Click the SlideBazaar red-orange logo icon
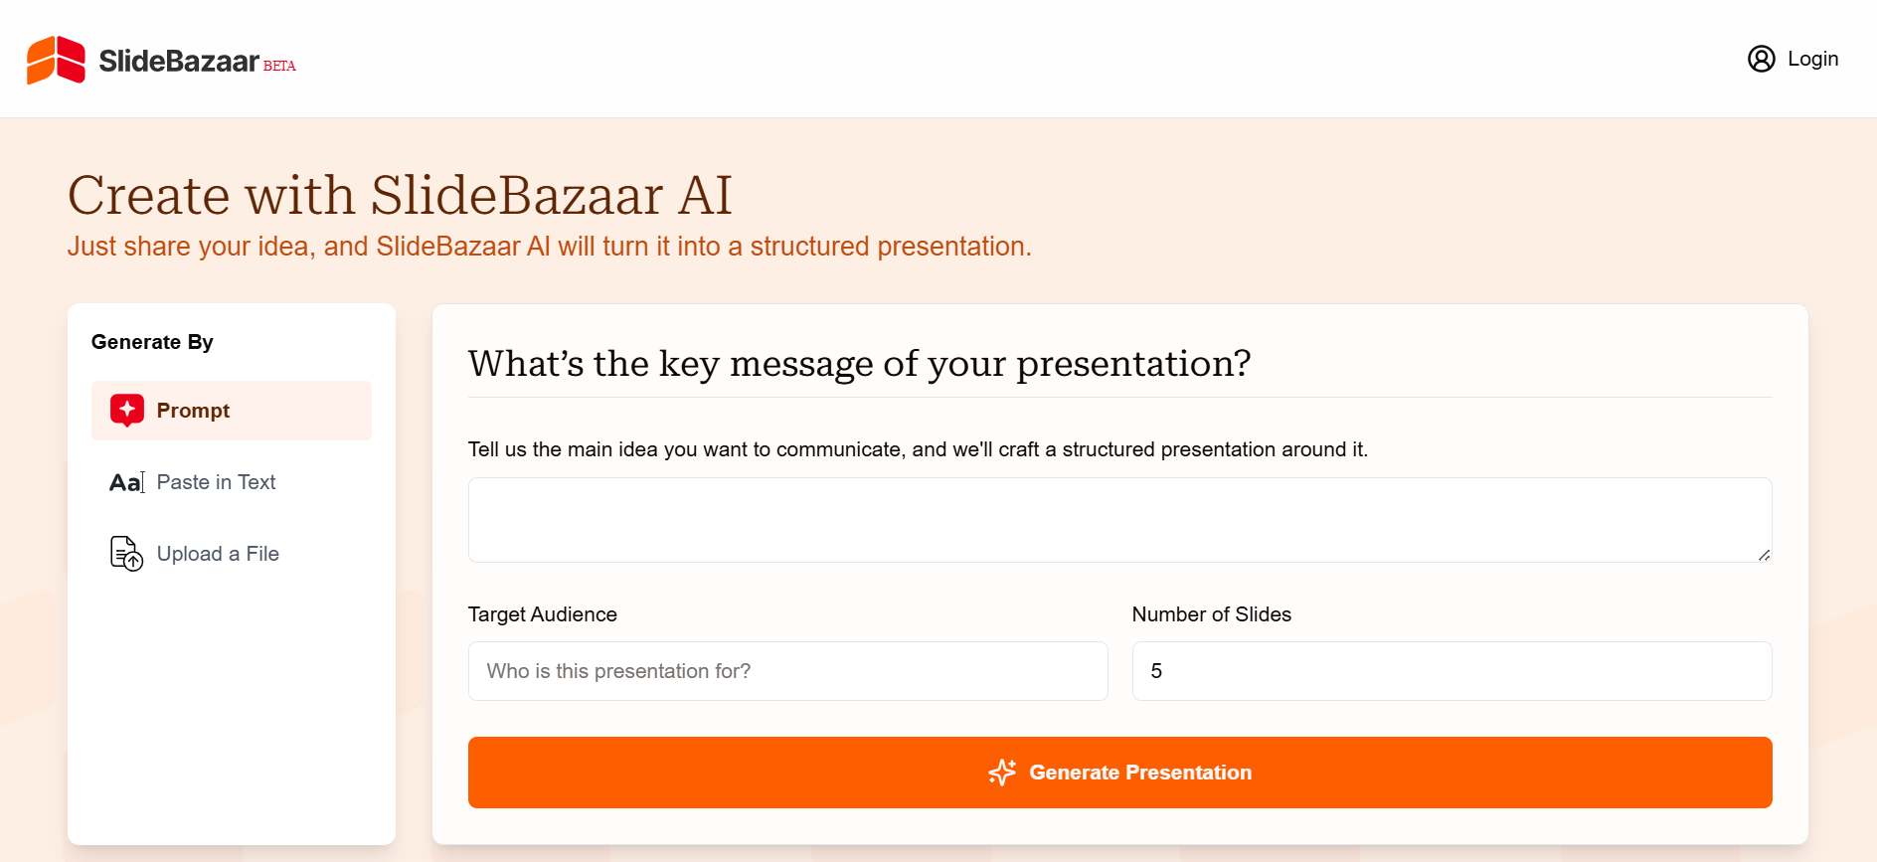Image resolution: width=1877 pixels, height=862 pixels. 56,60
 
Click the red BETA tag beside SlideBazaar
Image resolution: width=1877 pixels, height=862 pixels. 279,66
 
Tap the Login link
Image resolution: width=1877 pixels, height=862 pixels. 1812,59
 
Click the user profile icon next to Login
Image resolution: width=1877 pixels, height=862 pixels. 1761,59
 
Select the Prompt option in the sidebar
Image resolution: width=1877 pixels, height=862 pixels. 193,411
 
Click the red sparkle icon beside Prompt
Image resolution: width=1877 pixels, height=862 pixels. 127,410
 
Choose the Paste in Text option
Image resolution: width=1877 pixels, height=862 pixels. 216,482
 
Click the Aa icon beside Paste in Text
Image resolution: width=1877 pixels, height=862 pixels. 126,482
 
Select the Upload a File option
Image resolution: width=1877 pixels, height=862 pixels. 218,554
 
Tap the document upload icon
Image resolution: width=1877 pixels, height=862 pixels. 126,554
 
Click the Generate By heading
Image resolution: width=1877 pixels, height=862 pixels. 152,342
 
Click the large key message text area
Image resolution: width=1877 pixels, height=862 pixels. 1119,520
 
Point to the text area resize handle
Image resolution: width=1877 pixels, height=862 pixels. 1764,555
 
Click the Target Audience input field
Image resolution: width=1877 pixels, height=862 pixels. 787,671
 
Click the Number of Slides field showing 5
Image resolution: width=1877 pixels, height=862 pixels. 1451,671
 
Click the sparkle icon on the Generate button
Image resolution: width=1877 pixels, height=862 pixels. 1002,773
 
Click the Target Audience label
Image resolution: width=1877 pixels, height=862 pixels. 542,614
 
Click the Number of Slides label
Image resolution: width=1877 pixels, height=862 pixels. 1211,614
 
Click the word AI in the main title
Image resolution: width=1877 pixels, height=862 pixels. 705,195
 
